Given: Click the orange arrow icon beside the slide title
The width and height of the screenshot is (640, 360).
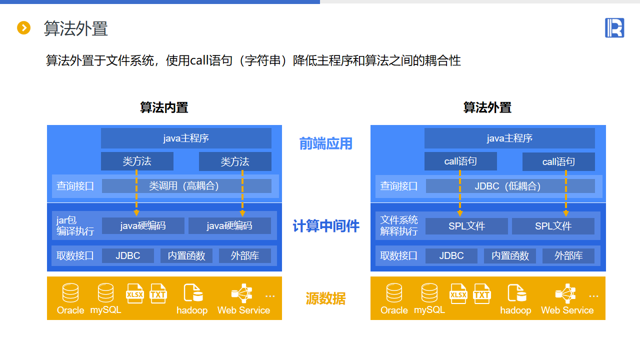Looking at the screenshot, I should pos(24,28).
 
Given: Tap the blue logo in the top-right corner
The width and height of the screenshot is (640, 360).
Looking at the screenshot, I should pos(614,28).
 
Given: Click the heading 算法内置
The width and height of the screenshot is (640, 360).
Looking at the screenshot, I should pos(164,107).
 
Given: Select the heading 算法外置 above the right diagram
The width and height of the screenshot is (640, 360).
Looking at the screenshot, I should pos(487,107).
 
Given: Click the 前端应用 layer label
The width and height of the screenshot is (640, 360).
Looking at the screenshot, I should pos(326,144).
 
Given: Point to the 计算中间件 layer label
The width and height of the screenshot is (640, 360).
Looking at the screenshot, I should pos(326,226).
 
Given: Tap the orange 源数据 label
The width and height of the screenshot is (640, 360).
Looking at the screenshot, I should pos(326,299).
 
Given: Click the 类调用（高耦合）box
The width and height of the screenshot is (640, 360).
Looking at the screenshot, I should pos(186,186).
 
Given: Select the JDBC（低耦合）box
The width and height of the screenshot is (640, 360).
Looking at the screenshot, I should pos(510,186).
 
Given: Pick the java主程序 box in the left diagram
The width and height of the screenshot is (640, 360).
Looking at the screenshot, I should pos(186,138).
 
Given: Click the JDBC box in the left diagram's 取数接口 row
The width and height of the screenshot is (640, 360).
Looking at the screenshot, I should pos(128,255).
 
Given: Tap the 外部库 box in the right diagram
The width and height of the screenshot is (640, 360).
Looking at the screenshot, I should pos(568,255).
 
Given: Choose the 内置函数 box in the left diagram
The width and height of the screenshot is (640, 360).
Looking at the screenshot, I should pos(186,255).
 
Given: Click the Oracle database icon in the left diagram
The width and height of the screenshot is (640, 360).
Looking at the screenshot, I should pos(70,293).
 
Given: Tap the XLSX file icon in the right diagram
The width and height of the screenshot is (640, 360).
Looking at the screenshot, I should pos(458,294).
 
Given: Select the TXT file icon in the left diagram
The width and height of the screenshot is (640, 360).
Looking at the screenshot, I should pos(158,293).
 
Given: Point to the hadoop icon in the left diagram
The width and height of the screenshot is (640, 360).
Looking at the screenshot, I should pos(192,293).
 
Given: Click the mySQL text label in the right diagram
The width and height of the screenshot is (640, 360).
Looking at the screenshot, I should pos(429,310).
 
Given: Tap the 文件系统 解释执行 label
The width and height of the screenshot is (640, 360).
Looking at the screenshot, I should pos(399,225).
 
